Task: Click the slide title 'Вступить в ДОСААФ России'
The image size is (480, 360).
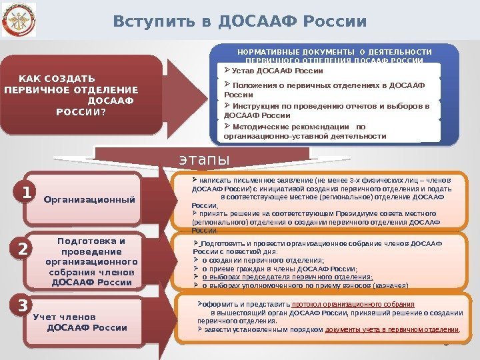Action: pyautogui.click(x=240, y=21)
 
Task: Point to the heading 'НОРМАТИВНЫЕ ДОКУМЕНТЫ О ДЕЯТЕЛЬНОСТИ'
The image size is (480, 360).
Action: pyautogui.click(x=335, y=52)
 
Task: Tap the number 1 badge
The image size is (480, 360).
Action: pyautogui.click(x=26, y=193)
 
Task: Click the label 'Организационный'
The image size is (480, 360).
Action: pyautogui.click(x=89, y=200)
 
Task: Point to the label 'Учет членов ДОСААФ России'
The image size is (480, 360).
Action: pyautogui.click(x=79, y=322)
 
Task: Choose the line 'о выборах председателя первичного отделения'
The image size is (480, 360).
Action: pyautogui.click(x=287, y=277)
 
